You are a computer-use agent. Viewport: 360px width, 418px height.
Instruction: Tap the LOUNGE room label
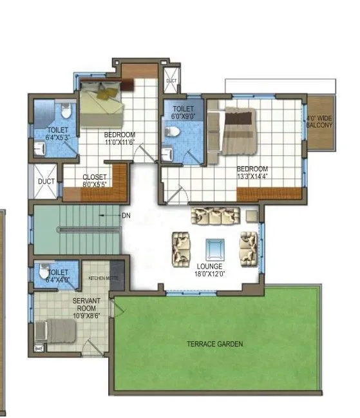[x=210, y=266]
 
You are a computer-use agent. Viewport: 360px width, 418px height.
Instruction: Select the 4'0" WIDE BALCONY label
[x=319, y=122]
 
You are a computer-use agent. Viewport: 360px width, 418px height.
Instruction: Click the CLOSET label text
[x=94, y=177]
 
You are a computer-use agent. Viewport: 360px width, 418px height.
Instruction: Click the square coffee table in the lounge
[x=214, y=248]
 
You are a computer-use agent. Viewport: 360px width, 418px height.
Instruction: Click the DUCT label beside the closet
[x=46, y=182]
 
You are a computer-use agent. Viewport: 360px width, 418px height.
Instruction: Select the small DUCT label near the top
[x=171, y=81]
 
